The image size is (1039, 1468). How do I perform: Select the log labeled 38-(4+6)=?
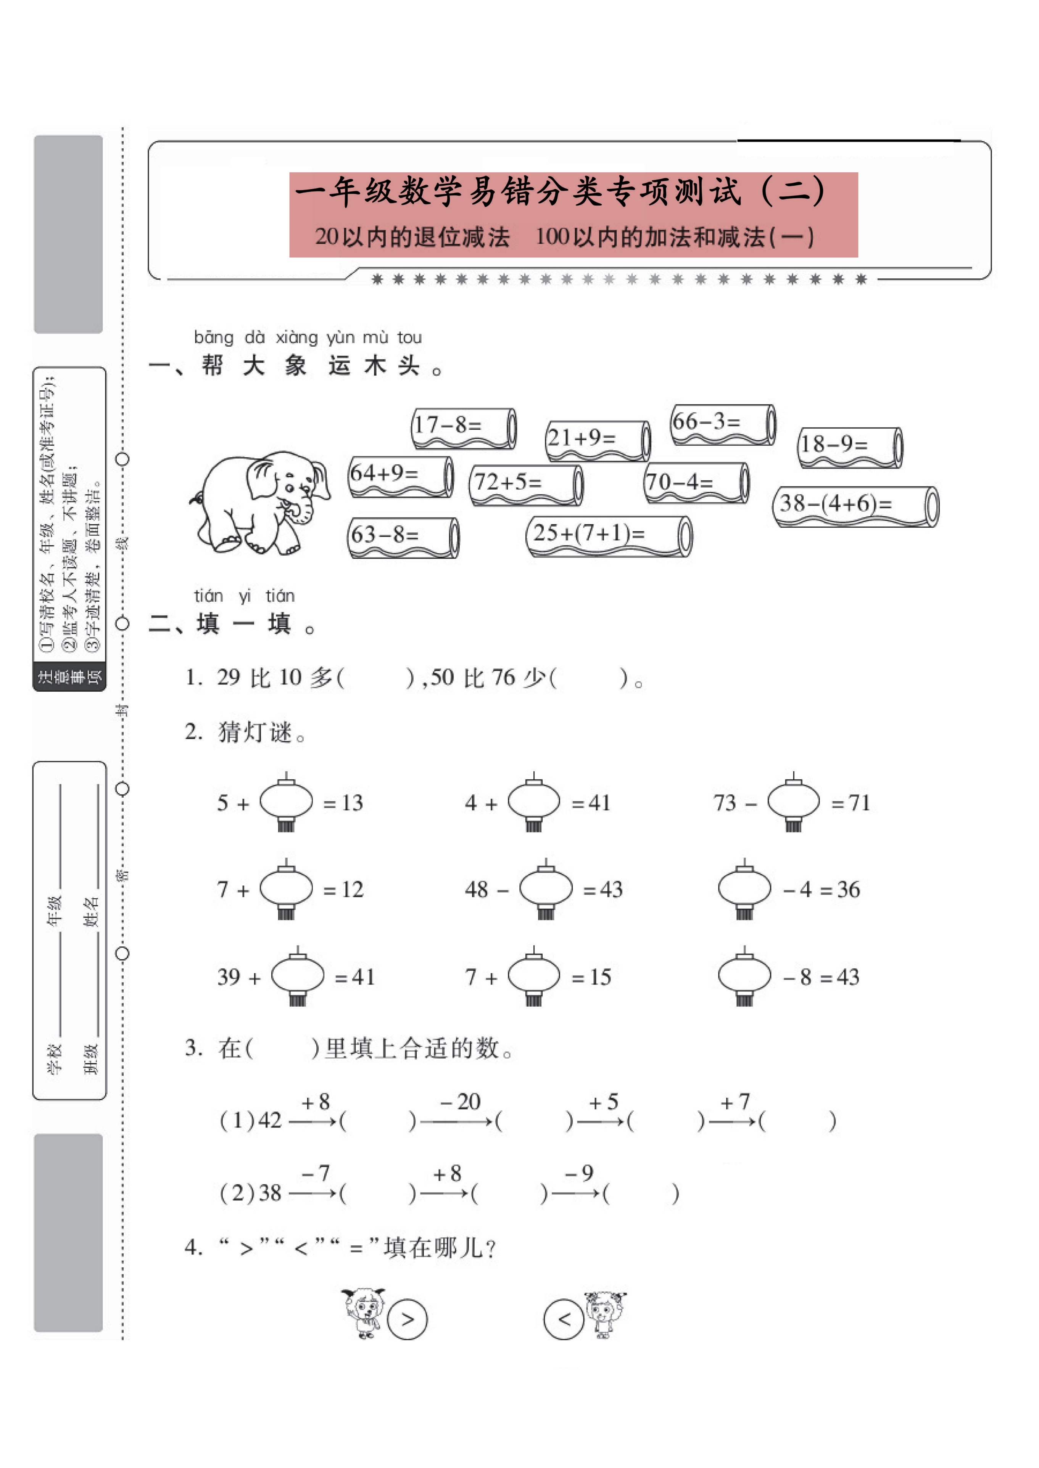tap(855, 506)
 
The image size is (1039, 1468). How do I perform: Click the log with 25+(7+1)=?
tap(609, 536)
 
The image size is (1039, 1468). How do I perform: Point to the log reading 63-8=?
tap(403, 537)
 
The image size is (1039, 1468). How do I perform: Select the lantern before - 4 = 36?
tap(744, 889)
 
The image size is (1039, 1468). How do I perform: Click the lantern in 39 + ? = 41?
tap(298, 977)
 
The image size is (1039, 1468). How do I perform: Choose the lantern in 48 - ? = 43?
tap(546, 889)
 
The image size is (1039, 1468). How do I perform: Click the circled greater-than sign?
tap(408, 1319)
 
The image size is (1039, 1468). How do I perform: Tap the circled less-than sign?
tap(563, 1319)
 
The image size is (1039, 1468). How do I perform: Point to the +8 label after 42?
tap(316, 1102)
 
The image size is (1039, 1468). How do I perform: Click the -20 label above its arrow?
tap(461, 1101)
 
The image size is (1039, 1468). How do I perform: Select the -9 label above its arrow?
tap(579, 1173)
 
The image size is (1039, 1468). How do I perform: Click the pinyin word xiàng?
tap(296, 337)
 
